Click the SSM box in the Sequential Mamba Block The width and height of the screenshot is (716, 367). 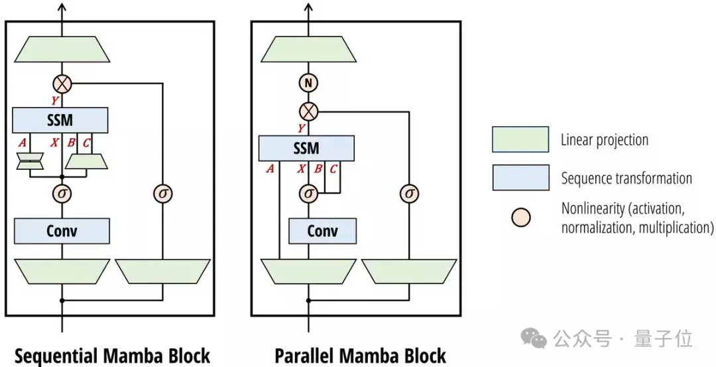click(60, 120)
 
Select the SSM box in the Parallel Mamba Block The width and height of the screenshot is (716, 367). click(306, 148)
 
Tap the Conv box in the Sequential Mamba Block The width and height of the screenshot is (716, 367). click(62, 231)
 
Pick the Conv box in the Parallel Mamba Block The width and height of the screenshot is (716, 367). click(322, 231)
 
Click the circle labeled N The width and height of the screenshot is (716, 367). click(309, 83)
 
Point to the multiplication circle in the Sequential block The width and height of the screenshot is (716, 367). click(62, 84)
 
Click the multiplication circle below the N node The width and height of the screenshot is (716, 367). click(309, 111)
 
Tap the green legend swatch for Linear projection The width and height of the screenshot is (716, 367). click(520, 139)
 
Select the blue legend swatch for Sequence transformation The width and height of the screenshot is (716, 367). click(520, 177)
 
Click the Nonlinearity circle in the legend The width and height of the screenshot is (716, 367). click(520, 218)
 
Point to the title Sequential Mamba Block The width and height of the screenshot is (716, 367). click(112, 356)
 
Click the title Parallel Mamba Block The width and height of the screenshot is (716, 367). click(361, 356)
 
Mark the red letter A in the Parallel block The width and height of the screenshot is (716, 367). click(270, 169)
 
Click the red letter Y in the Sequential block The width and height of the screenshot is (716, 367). click(55, 101)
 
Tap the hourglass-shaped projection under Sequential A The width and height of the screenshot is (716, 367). click(30, 161)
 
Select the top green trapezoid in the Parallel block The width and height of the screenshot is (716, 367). click(309, 49)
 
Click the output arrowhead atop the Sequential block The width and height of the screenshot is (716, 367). click(62, 7)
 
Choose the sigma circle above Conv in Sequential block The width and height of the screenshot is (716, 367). click(62, 194)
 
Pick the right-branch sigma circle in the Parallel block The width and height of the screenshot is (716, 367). click(409, 194)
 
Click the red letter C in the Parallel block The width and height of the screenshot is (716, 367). click(333, 169)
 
